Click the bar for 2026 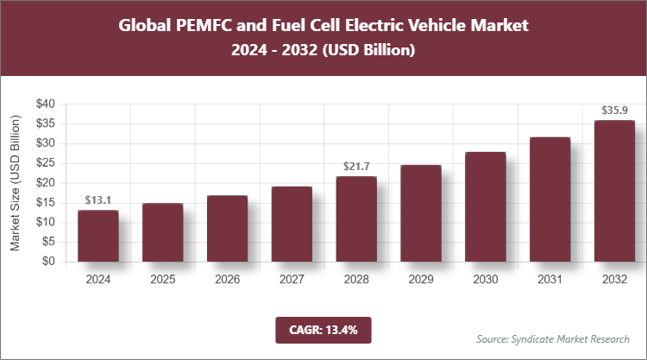pos(227,229)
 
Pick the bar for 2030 pos(486,207)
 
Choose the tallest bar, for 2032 pos(615,191)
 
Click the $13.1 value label pos(97,199)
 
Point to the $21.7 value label pos(356,166)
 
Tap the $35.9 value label pos(615,110)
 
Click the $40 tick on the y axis pos(44,104)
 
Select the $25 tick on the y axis pos(44,163)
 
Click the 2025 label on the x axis pos(162,280)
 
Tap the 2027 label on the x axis pos(292,280)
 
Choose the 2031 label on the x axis pos(550,280)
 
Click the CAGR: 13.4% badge pos(323,329)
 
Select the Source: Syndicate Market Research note pos(552,338)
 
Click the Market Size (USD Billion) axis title pos(16,183)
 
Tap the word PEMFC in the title pos(210,26)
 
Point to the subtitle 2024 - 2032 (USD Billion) pos(323,51)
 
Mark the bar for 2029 pos(421,213)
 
